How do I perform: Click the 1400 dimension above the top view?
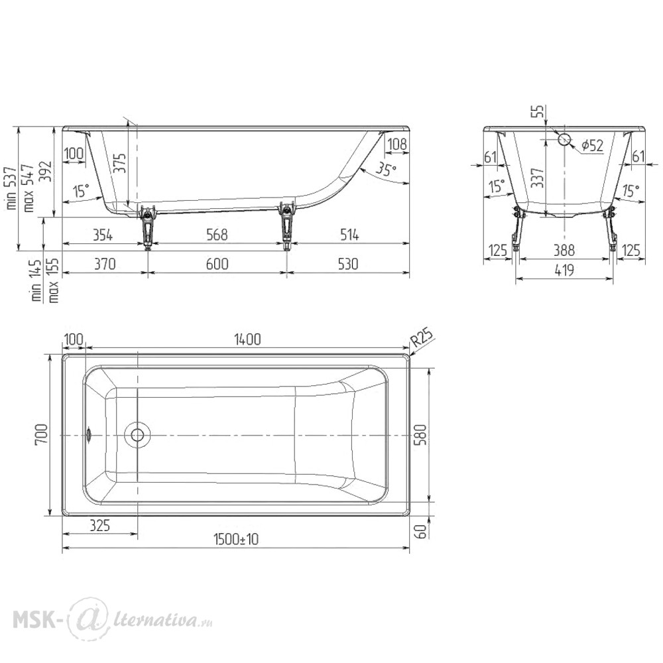point(247,339)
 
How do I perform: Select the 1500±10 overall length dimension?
point(236,540)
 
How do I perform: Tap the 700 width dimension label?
point(41,435)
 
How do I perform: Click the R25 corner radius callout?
point(422,338)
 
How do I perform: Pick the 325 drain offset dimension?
point(100,525)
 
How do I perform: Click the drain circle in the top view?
point(137,435)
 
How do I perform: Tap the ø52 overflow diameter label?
point(592,145)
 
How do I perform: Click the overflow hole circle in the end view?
point(564,139)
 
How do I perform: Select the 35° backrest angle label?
point(386,169)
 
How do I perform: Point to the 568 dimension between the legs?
point(217,235)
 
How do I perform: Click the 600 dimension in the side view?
point(217,265)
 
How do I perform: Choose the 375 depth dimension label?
point(120,163)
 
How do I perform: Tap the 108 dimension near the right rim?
point(397,144)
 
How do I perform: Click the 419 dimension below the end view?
point(564,270)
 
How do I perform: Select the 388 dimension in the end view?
point(564,251)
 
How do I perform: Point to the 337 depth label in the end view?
point(537,178)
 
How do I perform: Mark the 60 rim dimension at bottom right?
point(422,530)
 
